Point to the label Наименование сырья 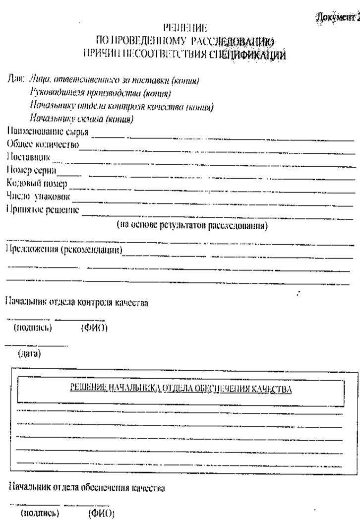(x=48, y=132)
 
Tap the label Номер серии (x=31, y=171)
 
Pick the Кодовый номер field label (x=37, y=184)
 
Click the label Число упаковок (x=38, y=197)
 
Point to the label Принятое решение (x=43, y=210)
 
